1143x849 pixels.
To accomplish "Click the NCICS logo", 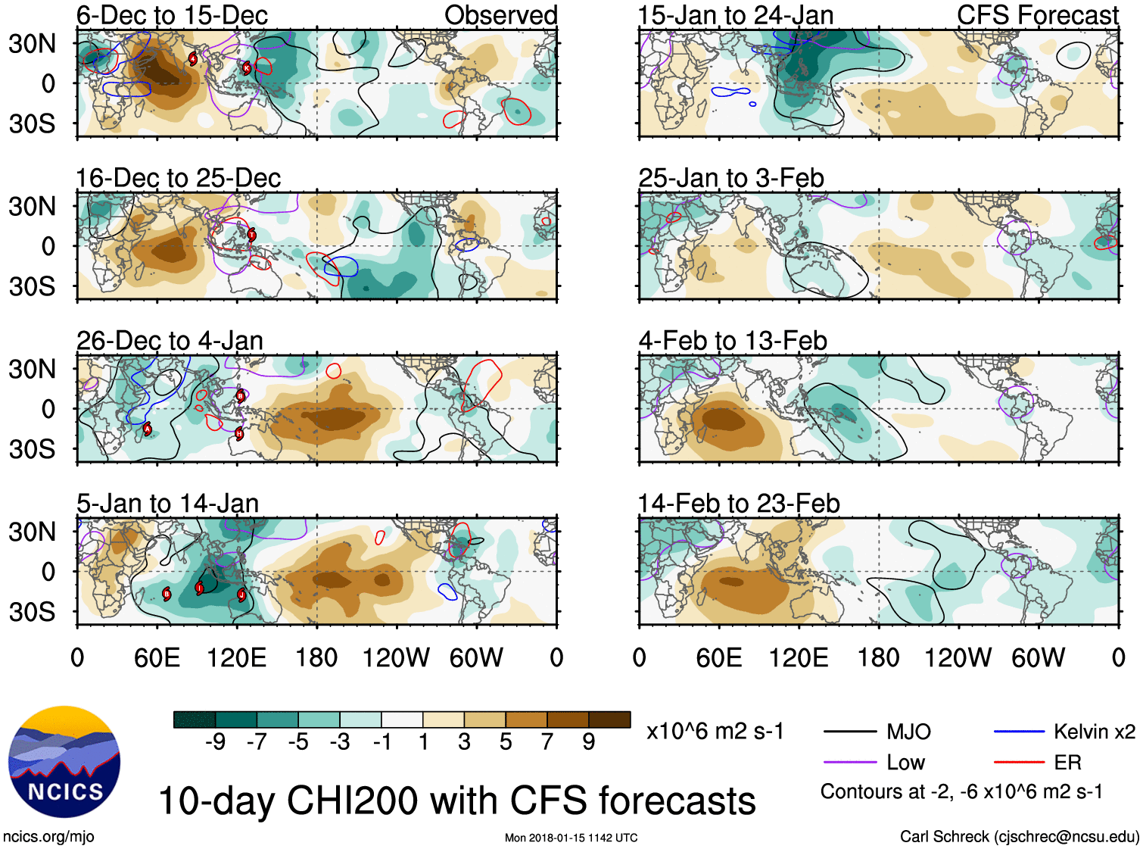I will [64, 762].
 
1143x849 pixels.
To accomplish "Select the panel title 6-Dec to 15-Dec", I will [172, 15].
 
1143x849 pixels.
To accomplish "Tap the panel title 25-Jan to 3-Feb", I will [730, 178].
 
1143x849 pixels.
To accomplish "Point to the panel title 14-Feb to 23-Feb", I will [739, 504].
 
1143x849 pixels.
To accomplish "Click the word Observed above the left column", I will [500, 15].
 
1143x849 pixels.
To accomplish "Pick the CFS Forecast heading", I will [1037, 15].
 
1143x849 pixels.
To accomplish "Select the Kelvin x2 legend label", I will [1094, 732].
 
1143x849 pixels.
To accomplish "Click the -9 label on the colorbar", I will [215, 742].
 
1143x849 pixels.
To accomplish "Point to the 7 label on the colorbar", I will [547, 742].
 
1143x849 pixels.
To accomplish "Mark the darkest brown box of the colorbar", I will [609, 719].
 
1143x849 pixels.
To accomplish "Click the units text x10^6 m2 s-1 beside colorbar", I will [715, 732].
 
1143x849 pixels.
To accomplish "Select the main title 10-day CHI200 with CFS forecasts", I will [456, 801].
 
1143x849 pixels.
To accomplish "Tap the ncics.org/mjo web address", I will [48, 837].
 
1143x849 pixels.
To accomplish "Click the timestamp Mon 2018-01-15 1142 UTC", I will [571, 838].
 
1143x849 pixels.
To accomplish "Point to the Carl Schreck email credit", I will [1019, 837].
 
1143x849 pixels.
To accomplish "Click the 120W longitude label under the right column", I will [958, 657].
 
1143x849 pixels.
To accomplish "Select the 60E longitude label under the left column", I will [157, 657].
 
